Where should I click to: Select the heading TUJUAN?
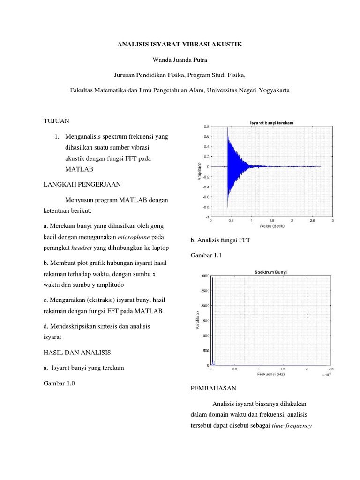click(56, 121)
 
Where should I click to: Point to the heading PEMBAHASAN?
click(213, 389)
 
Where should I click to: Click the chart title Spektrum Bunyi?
click(271, 272)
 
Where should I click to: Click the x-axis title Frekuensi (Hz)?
click(271, 375)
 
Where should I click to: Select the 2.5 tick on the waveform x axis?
click(313, 220)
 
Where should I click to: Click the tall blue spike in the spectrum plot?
click(212, 319)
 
